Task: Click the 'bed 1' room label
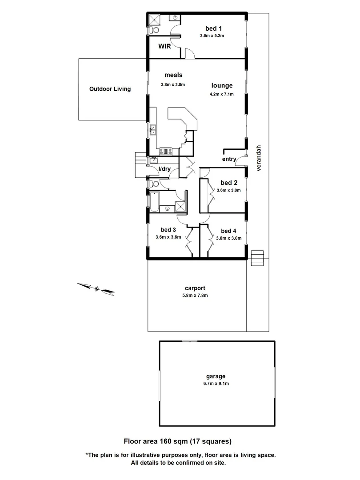coord(212,28)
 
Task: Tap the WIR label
coord(165,46)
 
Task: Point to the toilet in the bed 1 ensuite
coord(153,30)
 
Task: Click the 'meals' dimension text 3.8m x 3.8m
coord(173,84)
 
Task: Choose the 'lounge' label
coord(222,86)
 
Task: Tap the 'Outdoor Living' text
coord(110,89)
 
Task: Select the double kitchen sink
coord(152,130)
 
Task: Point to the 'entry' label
coord(228,160)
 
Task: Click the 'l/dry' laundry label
coord(165,169)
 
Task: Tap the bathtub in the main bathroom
coord(154,202)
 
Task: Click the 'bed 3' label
coord(168,230)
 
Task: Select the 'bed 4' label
coord(228,231)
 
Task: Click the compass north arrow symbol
coord(96,288)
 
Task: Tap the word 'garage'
coord(216,376)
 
